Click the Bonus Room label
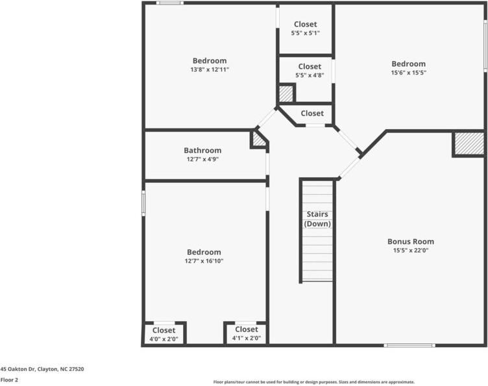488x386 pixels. click(410, 241)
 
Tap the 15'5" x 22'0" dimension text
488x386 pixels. click(410, 250)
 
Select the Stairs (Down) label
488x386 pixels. click(317, 219)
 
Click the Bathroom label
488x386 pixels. click(202, 151)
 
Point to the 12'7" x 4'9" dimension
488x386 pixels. click(202, 159)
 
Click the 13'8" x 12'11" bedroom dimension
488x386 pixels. click(210, 69)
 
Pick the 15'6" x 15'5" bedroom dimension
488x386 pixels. click(409, 73)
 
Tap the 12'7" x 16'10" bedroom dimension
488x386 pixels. click(204, 261)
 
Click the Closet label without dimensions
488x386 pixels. click(312, 114)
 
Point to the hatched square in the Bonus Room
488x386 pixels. click(469, 143)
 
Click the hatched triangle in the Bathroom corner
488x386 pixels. click(258, 139)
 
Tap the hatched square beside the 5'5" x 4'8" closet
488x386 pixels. click(286, 93)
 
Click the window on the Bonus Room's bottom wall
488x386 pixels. click(409, 345)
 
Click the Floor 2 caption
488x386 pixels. click(9, 380)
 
